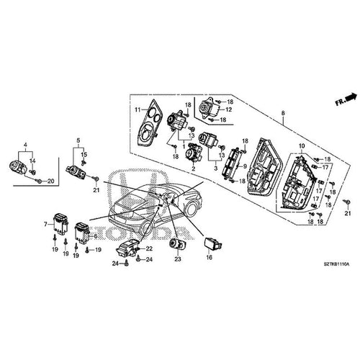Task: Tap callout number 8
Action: [x=283, y=114]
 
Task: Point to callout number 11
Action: [x=135, y=109]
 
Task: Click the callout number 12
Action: [x=228, y=109]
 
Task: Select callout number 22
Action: [x=150, y=248]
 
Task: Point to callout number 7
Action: [x=47, y=225]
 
